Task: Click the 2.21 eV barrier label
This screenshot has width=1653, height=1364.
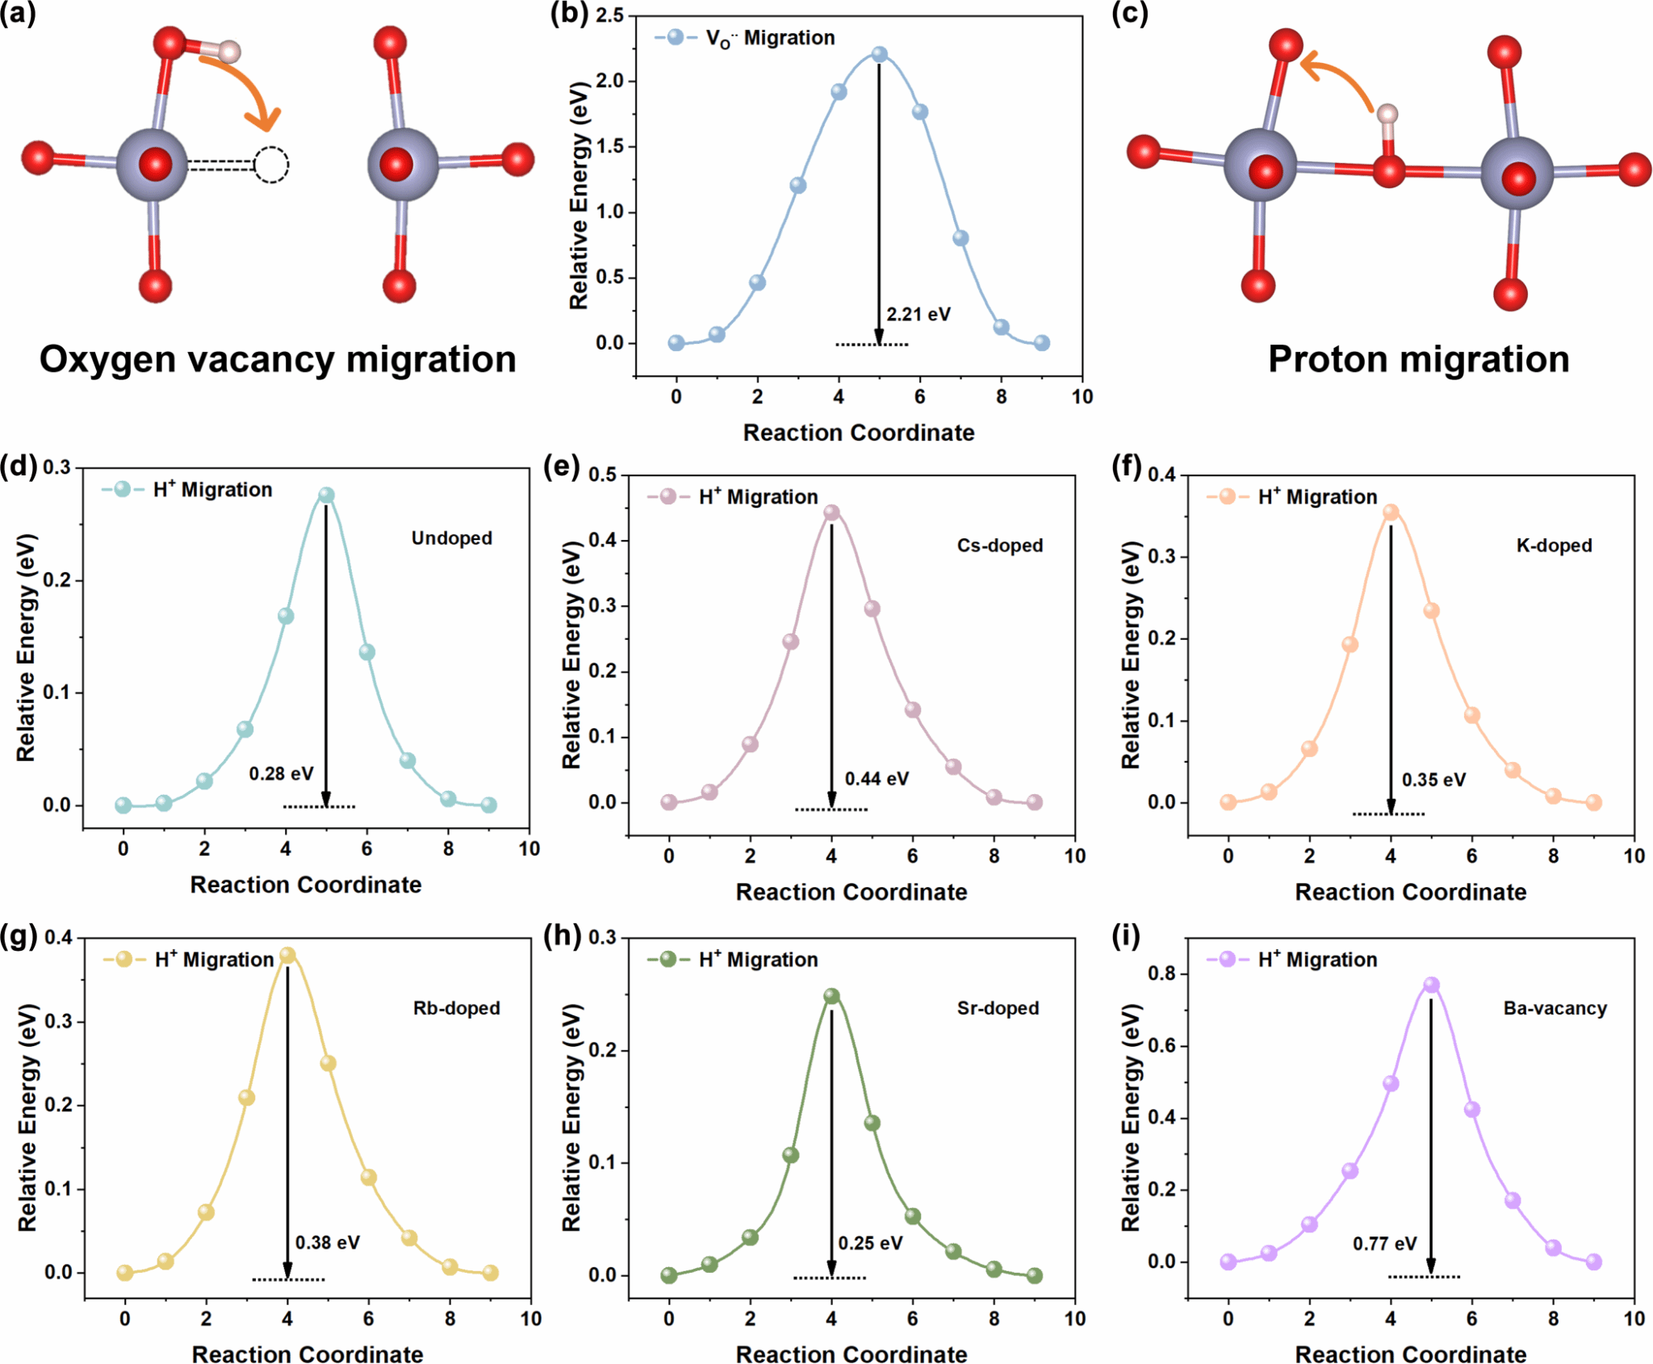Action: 918,314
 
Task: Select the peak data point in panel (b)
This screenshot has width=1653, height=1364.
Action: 879,55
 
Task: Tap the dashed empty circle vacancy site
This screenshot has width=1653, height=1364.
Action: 271,165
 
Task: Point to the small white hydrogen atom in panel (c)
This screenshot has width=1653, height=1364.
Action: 1387,114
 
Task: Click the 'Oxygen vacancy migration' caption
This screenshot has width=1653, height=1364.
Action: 278,359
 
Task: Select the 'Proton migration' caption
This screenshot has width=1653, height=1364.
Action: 1418,359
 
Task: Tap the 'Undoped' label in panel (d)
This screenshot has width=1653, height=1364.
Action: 451,538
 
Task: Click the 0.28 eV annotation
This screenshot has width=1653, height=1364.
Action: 281,773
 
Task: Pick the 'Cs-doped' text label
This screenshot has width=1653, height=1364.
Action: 999,546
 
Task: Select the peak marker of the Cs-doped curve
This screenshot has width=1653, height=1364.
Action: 831,513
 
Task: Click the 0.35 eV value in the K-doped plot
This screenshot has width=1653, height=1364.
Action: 1433,780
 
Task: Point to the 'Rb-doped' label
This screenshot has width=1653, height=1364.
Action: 456,1008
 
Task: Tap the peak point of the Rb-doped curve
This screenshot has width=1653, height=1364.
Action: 287,956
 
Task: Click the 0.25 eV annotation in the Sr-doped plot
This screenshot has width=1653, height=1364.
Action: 870,1243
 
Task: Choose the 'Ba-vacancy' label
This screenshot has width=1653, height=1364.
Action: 1555,1008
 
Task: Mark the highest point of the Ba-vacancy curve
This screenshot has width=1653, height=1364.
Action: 1431,985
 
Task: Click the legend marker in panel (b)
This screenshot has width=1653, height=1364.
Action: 676,37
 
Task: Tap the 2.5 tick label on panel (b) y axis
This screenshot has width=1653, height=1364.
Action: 609,15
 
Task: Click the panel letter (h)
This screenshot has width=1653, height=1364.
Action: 562,936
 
